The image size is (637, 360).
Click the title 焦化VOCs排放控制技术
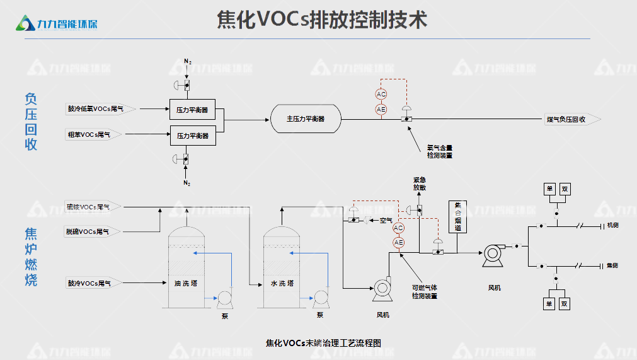click(322, 20)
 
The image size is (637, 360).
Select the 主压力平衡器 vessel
click(306, 119)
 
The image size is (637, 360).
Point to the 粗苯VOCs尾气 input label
click(93, 134)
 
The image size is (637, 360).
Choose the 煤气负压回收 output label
click(565, 119)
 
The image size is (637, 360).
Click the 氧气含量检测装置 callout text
click(439, 151)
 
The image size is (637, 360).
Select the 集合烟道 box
click(458, 216)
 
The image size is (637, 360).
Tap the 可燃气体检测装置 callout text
click(424, 292)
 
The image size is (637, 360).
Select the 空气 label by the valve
click(386, 220)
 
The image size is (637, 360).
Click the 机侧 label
click(612, 226)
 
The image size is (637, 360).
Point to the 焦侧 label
click(612, 266)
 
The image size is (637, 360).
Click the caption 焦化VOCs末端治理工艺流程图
click(324, 343)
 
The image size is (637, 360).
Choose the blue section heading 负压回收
click(31, 122)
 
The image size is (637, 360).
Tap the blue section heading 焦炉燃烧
click(31, 257)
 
